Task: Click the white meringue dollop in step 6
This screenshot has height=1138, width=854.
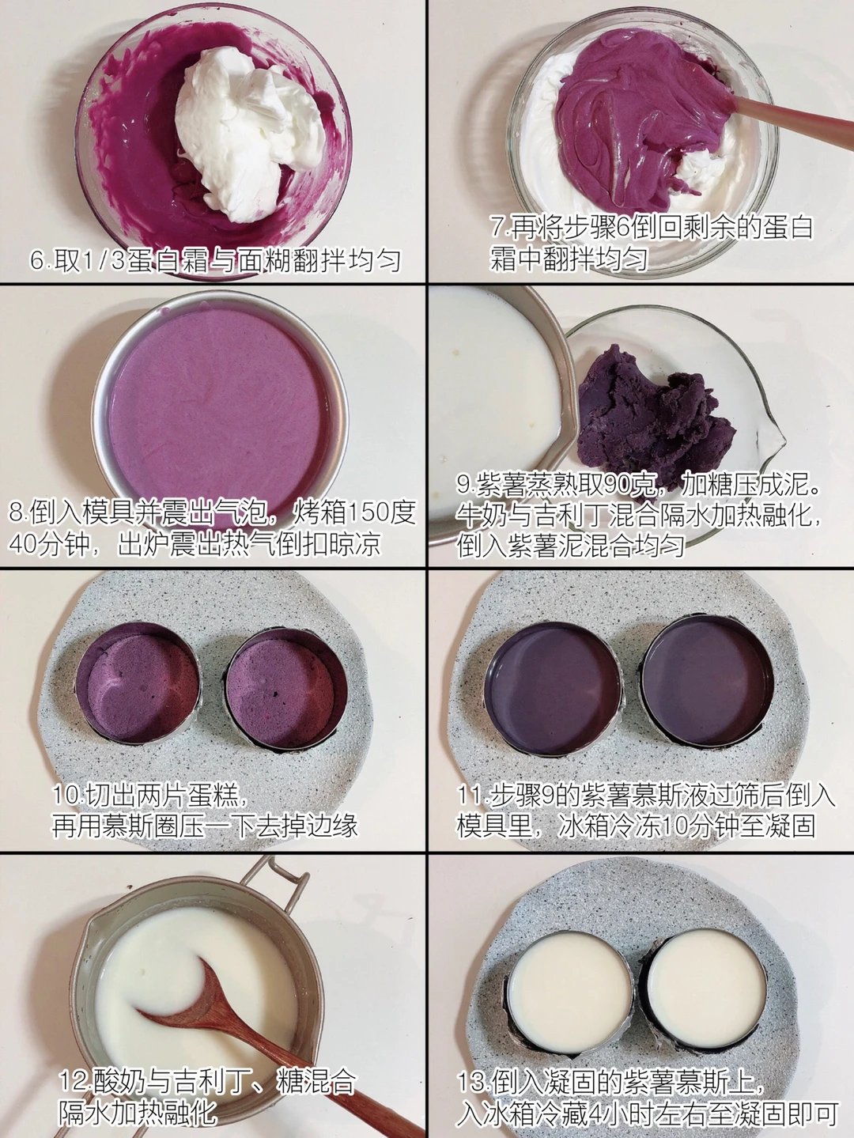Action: [249, 130]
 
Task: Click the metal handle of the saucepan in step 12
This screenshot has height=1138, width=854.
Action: [270, 879]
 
